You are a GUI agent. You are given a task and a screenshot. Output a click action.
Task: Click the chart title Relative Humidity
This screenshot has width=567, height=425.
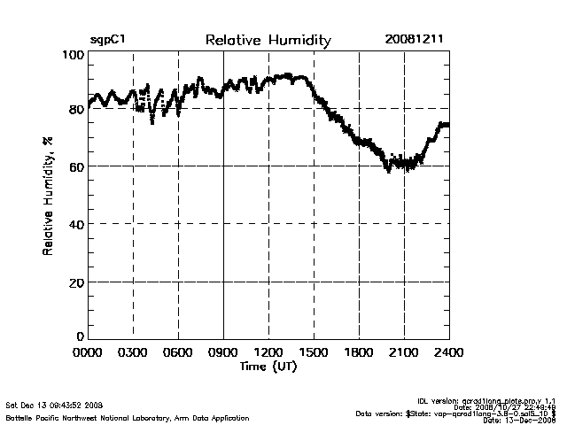(268, 41)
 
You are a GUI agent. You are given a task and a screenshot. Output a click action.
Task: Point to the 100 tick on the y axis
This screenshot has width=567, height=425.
(73, 55)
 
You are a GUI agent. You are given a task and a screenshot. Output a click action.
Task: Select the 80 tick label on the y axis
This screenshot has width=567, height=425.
(76, 110)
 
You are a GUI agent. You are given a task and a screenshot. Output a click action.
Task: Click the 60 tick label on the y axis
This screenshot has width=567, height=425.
(76, 166)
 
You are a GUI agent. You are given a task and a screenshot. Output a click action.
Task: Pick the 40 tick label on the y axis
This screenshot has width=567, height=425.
(76, 224)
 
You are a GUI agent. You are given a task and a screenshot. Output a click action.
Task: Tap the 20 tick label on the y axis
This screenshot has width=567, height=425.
(76, 282)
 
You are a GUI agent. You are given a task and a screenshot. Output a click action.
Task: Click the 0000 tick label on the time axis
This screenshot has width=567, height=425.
(88, 353)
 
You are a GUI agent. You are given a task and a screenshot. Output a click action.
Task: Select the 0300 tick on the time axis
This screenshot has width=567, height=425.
(133, 353)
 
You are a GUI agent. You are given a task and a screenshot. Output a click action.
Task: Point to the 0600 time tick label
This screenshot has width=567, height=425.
(178, 353)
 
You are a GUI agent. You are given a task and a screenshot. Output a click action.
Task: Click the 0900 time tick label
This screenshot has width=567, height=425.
(223, 353)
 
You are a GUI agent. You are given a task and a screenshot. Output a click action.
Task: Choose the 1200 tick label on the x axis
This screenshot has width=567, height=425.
(268, 353)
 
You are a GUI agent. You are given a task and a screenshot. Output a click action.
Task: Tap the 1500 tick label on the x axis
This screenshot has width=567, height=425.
(314, 353)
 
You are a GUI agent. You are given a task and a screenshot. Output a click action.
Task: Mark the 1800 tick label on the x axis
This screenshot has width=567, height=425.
(359, 353)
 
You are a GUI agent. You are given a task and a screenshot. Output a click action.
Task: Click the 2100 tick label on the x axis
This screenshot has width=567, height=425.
(404, 353)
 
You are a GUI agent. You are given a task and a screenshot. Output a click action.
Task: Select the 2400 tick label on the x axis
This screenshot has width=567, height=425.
(448, 353)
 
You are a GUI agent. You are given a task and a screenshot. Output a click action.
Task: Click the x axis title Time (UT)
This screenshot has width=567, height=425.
(268, 367)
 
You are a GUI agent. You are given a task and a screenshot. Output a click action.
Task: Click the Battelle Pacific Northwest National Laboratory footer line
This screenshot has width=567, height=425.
(128, 417)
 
